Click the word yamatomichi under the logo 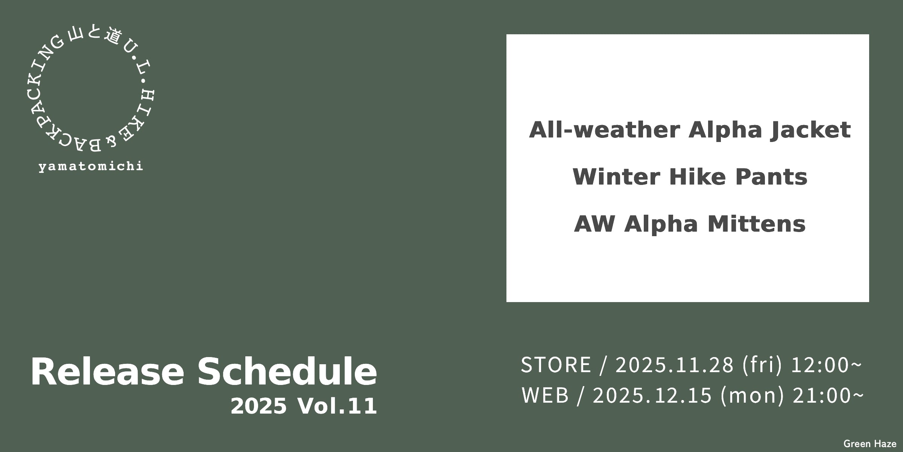[x=91, y=166]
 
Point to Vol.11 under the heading [x=337, y=406]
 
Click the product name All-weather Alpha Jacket [x=690, y=130]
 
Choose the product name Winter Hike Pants [x=690, y=177]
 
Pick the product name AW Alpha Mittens [x=690, y=224]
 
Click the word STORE [x=556, y=365]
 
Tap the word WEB [x=545, y=395]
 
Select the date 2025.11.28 [x=674, y=365]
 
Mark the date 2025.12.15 [x=652, y=395]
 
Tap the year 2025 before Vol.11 [x=258, y=406]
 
